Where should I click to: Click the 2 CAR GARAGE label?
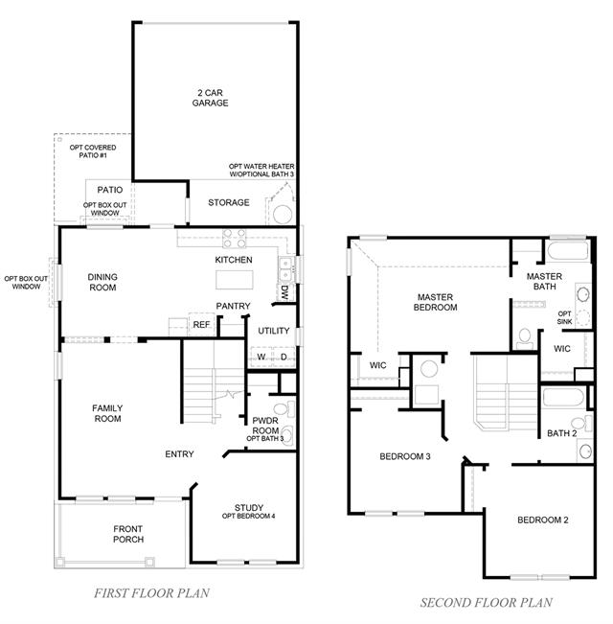210,98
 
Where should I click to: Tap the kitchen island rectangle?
234,280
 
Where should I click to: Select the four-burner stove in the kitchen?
234,239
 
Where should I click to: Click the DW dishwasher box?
284,292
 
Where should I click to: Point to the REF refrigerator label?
201,325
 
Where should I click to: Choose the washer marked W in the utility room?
261,357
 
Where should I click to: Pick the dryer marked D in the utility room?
284,357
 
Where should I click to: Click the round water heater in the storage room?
283,215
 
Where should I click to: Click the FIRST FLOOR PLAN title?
151,593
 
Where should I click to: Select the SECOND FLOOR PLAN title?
486,603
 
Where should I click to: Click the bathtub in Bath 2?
563,397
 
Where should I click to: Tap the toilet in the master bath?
525,338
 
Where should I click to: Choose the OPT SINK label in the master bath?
564,317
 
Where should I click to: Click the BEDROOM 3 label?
405,456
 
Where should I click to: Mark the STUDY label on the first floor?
249,507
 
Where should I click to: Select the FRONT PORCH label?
128,534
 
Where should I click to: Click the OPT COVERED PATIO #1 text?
93,151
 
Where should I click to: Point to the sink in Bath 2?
585,451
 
